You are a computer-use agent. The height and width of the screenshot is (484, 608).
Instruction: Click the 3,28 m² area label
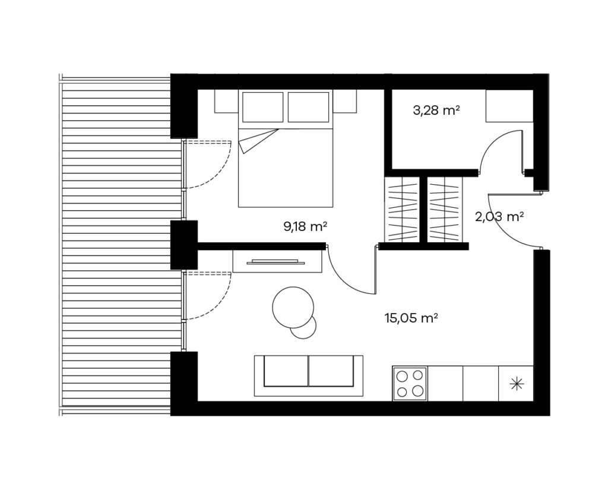pyautogui.click(x=436, y=111)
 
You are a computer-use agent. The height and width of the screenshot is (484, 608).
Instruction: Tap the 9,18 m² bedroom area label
pyautogui.click(x=305, y=226)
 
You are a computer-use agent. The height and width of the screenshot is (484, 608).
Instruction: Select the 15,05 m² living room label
pyautogui.click(x=411, y=318)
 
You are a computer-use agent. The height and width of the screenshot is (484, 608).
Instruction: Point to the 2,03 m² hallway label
pyautogui.click(x=499, y=216)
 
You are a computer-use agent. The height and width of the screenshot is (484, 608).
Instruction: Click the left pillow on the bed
pyautogui.click(x=263, y=107)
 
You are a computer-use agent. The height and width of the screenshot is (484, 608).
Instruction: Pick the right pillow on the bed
pyautogui.click(x=309, y=107)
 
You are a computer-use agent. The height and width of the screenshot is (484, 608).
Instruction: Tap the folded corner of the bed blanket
pyautogui.click(x=258, y=140)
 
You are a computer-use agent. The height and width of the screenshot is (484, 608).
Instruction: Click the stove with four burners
pyautogui.click(x=410, y=384)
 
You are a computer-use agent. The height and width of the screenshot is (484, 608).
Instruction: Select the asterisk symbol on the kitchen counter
pyautogui.click(x=516, y=384)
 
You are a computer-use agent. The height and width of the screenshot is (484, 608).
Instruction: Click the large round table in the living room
pyautogui.click(x=293, y=308)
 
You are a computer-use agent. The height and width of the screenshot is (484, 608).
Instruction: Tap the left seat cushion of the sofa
pyautogui.click(x=286, y=371)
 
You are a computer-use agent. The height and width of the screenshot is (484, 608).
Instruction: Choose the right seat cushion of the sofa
pyautogui.click(x=331, y=371)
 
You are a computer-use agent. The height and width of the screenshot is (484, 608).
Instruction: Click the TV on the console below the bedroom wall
pyautogui.click(x=275, y=261)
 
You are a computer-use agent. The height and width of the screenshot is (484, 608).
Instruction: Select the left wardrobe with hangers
pyautogui.click(x=403, y=210)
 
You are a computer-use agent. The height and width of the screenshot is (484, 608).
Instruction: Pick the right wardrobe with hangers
pyautogui.click(x=445, y=210)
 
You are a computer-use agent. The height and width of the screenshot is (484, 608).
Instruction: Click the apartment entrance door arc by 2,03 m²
pyautogui.click(x=502, y=230)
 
